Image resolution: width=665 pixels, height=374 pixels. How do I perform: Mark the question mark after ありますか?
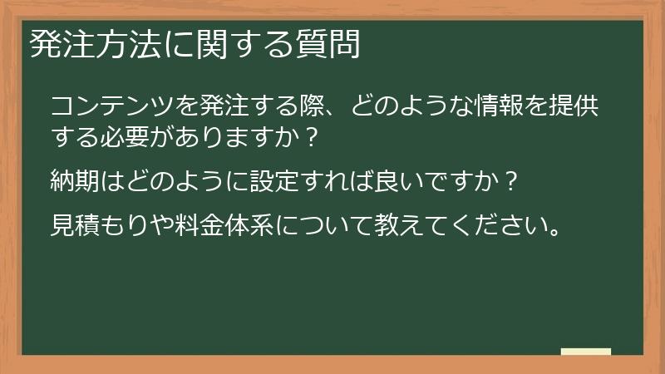point(309,135)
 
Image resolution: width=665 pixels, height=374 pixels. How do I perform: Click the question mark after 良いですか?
point(512,180)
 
